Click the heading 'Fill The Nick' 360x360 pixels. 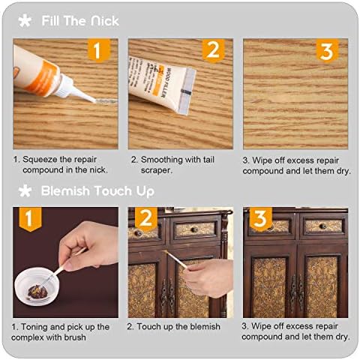point(80,21)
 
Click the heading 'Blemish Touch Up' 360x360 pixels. point(97,191)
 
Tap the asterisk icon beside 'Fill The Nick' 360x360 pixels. point(25,21)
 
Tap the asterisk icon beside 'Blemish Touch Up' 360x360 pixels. point(25,191)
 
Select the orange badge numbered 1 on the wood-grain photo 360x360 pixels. point(99,50)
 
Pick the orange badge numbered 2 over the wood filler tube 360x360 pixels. point(213,50)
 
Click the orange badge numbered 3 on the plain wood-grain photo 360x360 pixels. point(327,50)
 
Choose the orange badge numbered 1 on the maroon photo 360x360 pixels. point(30,219)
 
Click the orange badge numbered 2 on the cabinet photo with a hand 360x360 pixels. point(146,218)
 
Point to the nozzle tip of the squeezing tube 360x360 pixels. point(94,100)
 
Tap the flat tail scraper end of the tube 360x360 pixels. point(187,92)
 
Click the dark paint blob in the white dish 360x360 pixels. point(37,292)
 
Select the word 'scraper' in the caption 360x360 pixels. point(156,170)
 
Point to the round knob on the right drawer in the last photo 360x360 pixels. point(322,226)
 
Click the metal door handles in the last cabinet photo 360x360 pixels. point(296,290)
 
